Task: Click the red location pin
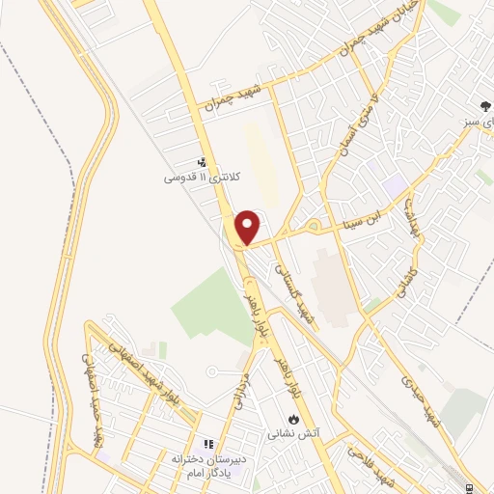click(249, 227)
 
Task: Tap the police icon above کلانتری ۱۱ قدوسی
click(202, 163)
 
